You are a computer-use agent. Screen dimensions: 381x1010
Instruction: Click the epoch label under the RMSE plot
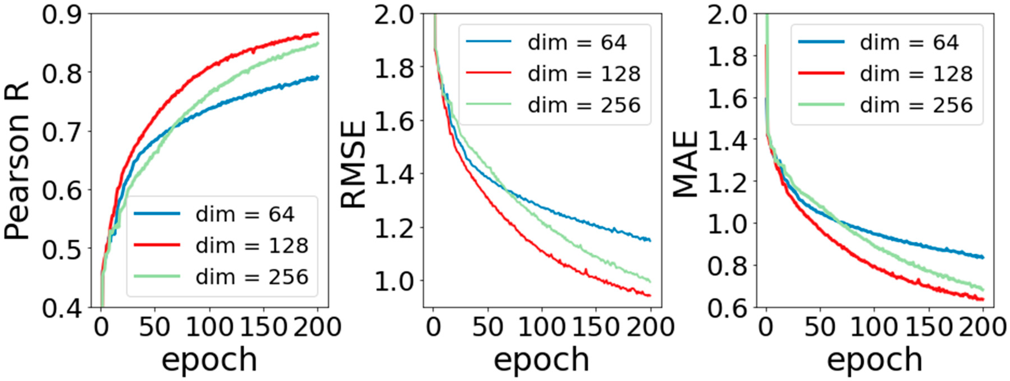(x=542, y=359)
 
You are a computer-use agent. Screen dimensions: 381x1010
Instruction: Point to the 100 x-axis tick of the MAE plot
(x=874, y=327)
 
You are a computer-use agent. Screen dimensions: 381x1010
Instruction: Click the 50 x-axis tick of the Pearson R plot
(x=155, y=327)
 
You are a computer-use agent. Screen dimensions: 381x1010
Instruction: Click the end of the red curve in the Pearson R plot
(x=318, y=34)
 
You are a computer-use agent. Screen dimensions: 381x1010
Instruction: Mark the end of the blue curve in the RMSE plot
(x=650, y=240)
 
